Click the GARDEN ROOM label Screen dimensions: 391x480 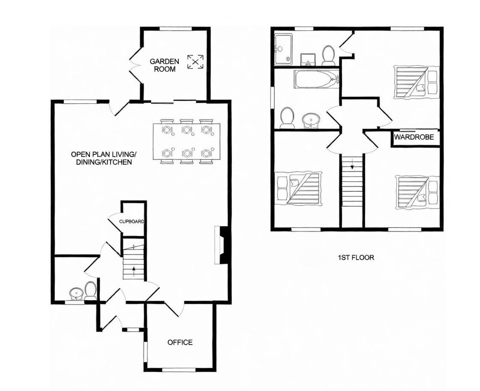[x=164, y=65]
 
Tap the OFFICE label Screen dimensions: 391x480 [x=180, y=342]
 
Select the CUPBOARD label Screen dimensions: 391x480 [x=131, y=222]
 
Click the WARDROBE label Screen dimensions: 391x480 [x=414, y=138]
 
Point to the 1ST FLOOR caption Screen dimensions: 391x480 [x=356, y=258]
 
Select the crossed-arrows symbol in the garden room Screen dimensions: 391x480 [x=195, y=62]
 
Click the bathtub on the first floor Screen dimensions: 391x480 [x=316, y=79]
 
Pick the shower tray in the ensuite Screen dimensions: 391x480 [x=283, y=48]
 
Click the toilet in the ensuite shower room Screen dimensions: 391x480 [x=329, y=55]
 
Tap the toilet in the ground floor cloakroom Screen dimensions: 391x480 [x=90, y=290]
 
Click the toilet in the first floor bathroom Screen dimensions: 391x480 [x=287, y=118]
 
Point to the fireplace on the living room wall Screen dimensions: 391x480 [x=222, y=245]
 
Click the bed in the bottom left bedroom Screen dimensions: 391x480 [x=298, y=189]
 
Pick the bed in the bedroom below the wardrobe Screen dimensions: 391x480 [x=417, y=191]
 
